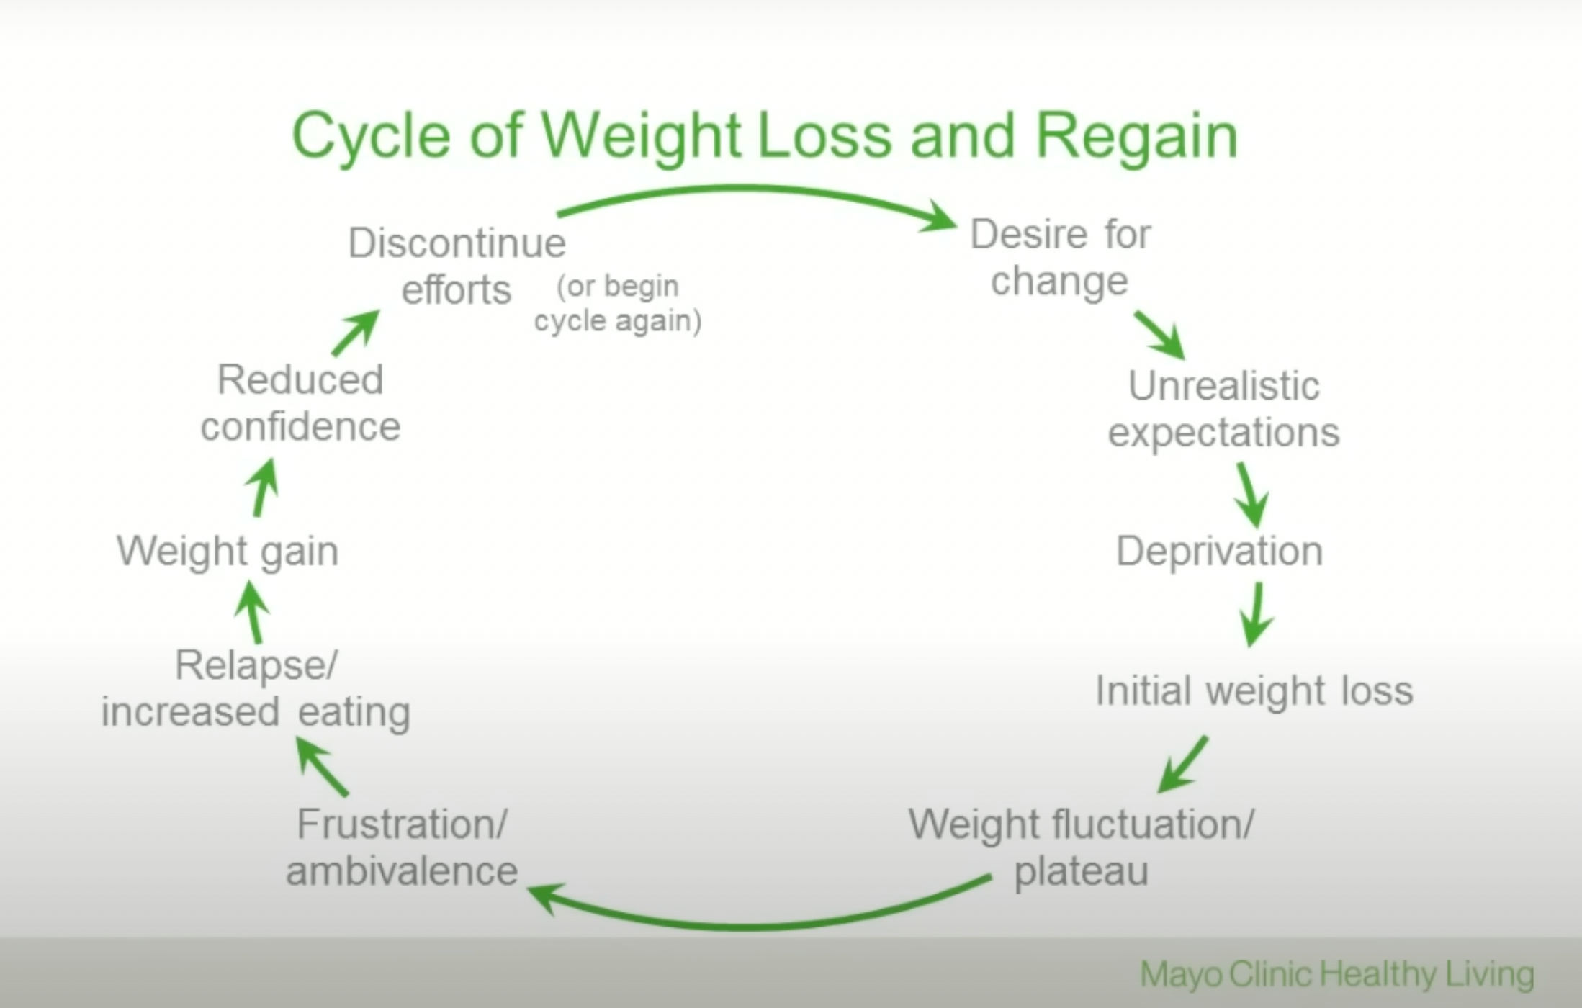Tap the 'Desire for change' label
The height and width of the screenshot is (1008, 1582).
pyautogui.click(x=1060, y=257)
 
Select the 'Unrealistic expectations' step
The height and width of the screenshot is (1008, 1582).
pyautogui.click(x=1223, y=408)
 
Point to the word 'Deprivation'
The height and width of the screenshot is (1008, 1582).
pyautogui.click(x=1219, y=552)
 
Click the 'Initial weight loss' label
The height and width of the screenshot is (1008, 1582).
pyautogui.click(x=1254, y=690)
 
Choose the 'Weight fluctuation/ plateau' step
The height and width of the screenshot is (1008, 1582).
pyautogui.click(x=1081, y=847)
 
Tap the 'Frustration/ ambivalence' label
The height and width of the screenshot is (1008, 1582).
pyautogui.click(x=402, y=847)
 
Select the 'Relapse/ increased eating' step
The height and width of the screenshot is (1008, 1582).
pyautogui.click(x=256, y=688)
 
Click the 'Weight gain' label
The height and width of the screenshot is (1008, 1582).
pyautogui.click(x=228, y=552)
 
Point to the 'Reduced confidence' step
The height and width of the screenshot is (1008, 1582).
pyautogui.click(x=300, y=402)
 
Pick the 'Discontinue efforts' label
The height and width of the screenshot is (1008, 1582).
pyautogui.click(x=457, y=266)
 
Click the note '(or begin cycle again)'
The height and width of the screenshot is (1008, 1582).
pyautogui.click(x=618, y=303)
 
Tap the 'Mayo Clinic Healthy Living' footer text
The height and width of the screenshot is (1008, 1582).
pyautogui.click(x=1336, y=974)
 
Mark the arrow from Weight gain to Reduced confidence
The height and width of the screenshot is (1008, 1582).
pyautogui.click(x=264, y=487)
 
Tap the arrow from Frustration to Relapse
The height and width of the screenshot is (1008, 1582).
pyautogui.click(x=322, y=768)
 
